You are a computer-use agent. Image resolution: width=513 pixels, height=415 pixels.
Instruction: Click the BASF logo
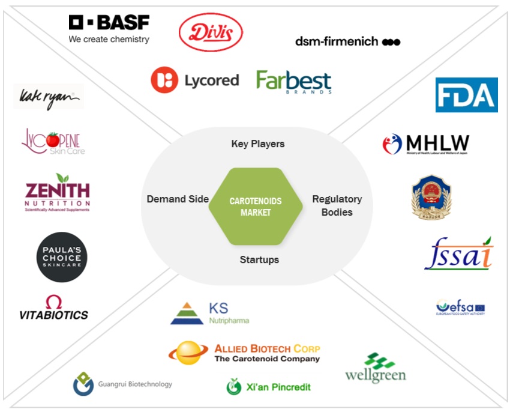click(x=109, y=29)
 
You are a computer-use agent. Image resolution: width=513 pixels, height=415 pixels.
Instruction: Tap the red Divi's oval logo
click(x=211, y=32)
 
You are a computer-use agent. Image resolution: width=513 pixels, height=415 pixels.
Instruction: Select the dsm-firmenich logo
click(x=347, y=41)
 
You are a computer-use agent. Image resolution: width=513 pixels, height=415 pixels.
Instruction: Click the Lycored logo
click(x=194, y=80)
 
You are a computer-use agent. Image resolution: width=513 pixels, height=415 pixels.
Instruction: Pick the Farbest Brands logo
click(x=293, y=81)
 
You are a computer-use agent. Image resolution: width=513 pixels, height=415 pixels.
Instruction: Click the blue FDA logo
click(x=466, y=95)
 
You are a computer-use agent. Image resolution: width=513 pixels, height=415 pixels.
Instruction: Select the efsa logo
click(x=460, y=307)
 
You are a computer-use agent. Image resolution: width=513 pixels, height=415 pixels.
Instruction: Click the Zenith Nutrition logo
click(x=57, y=192)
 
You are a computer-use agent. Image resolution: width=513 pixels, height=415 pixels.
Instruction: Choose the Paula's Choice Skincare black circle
click(x=61, y=257)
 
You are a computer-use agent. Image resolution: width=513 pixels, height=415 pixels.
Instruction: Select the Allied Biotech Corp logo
click(x=244, y=353)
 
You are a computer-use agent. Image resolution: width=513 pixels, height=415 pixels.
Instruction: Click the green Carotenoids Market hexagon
click(x=256, y=207)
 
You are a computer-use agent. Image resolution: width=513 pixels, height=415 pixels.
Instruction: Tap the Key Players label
click(x=258, y=144)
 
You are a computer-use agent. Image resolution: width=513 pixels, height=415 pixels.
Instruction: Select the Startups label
click(x=259, y=259)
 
